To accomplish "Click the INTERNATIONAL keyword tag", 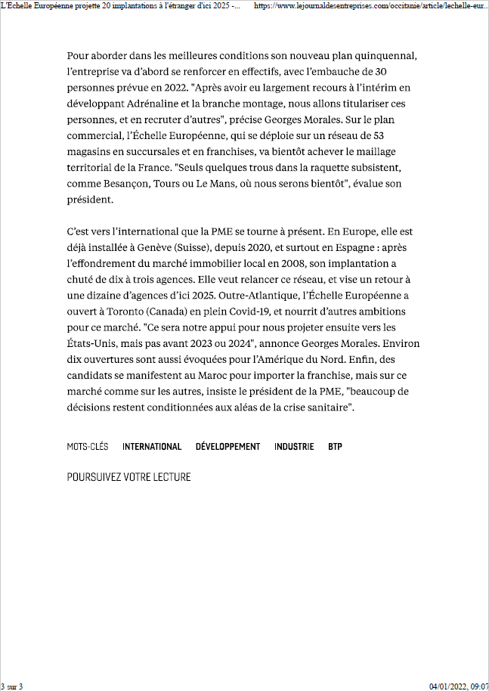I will (x=152, y=447).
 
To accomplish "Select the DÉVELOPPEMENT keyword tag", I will (x=227, y=447).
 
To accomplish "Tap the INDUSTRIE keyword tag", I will (x=294, y=447).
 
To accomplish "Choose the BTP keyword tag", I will (x=335, y=447).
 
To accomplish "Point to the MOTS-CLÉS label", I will (x=88, y=447).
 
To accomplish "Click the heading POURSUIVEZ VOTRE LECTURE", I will (x=128, y=477).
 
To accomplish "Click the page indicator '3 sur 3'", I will (x=12, y=686).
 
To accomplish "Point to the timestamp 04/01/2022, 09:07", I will (x=459, y=686).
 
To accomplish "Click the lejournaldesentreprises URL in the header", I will (x=370, y=5).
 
